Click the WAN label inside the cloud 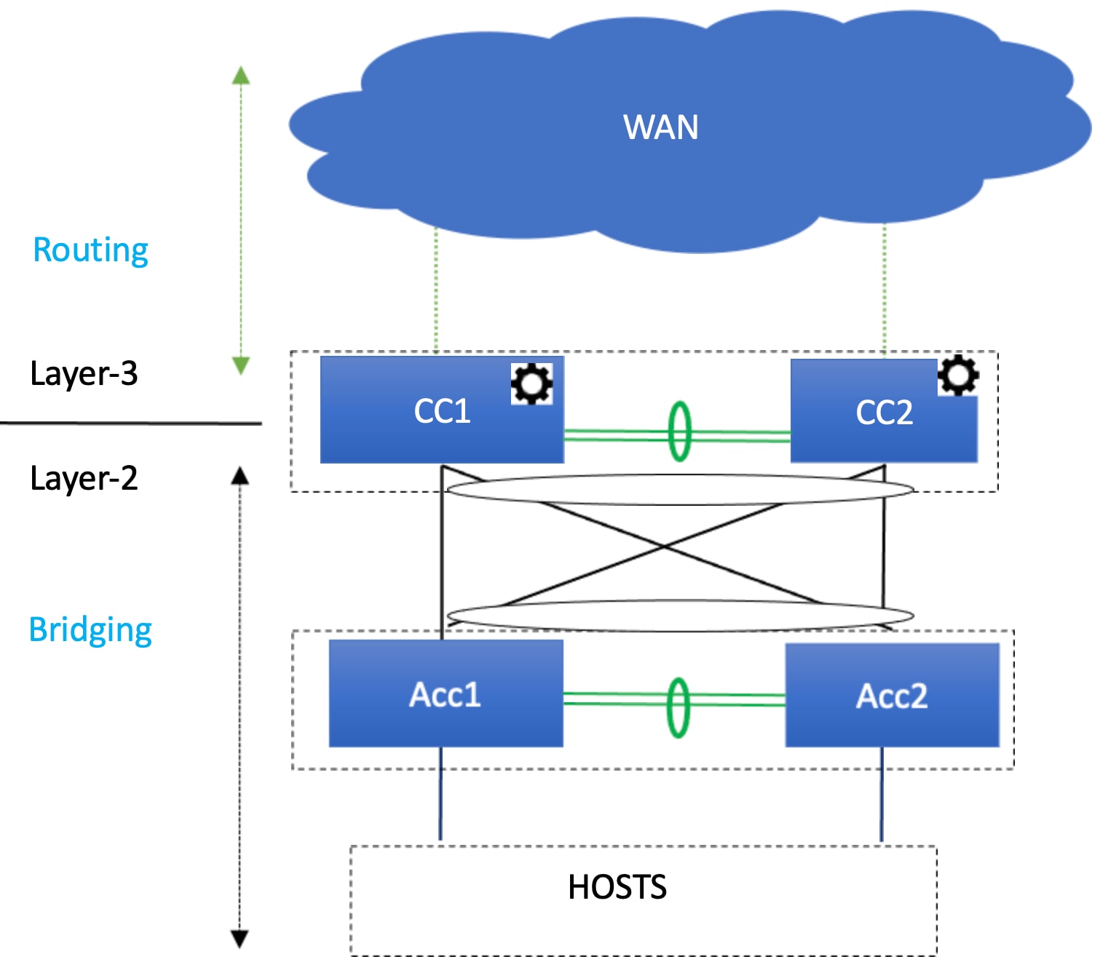[x=660, y=127]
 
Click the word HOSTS [x=617, y=887]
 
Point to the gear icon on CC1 [x=531, y=383]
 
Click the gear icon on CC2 [x=958, y=375]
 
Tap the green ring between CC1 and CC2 [x=679, y=432]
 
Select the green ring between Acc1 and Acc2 [x=678, y=707]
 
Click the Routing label [x=91, y=250]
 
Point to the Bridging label [x=90, y=630]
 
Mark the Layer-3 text [x=84, y=374]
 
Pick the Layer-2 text [x=84, y=479]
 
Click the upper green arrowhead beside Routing [x=241, y=75]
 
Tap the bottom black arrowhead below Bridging [x=240, y=939]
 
